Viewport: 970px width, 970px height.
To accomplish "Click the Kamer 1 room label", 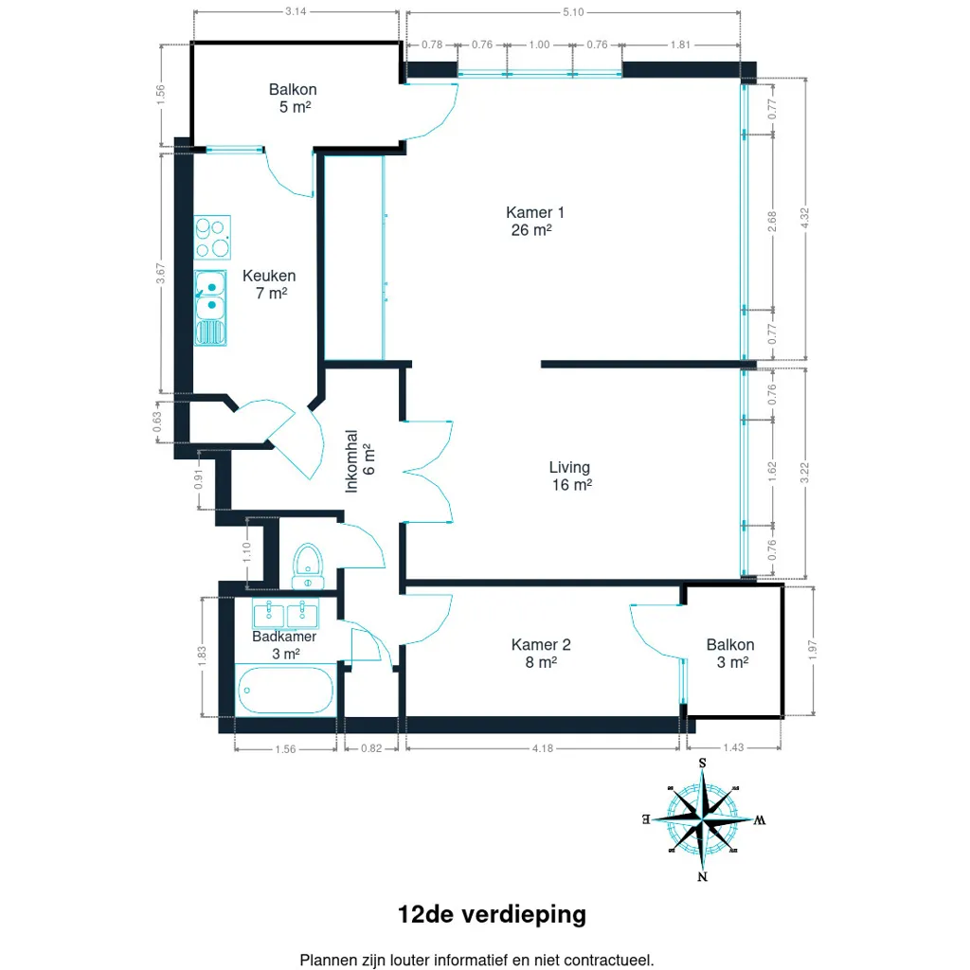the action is tap(534, 221).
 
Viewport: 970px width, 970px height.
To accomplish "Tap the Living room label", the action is tap(569, 476).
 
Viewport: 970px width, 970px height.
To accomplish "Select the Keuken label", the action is tap(269, 284).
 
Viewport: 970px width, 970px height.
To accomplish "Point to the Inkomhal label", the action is tap(359, 461).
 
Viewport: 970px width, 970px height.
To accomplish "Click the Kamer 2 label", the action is tap(541, 654).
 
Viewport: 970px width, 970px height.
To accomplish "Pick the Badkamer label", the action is tap(284, 644).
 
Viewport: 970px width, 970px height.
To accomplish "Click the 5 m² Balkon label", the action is tap(294, 98).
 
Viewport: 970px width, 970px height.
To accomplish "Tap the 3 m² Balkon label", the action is tap(730, 654).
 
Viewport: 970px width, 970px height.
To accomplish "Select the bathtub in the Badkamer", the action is tap(285, 691).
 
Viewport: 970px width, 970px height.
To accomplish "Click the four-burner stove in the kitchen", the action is tap(212, 237).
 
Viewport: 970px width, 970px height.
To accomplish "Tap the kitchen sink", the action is tap(210, 308).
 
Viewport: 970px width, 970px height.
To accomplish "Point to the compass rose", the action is tap(703, 819).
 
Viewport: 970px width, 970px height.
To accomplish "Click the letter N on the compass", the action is tap(702, 876).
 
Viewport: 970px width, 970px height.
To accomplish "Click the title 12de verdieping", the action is tap(492, 914).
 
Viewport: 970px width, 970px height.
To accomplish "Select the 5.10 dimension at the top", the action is tap(573, 11).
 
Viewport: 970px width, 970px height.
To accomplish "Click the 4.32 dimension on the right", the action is tap(804, 218).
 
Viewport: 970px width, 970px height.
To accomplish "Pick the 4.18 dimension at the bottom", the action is tap(543, 748).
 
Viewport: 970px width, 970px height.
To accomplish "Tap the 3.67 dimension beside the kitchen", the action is tap(160, 274).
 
